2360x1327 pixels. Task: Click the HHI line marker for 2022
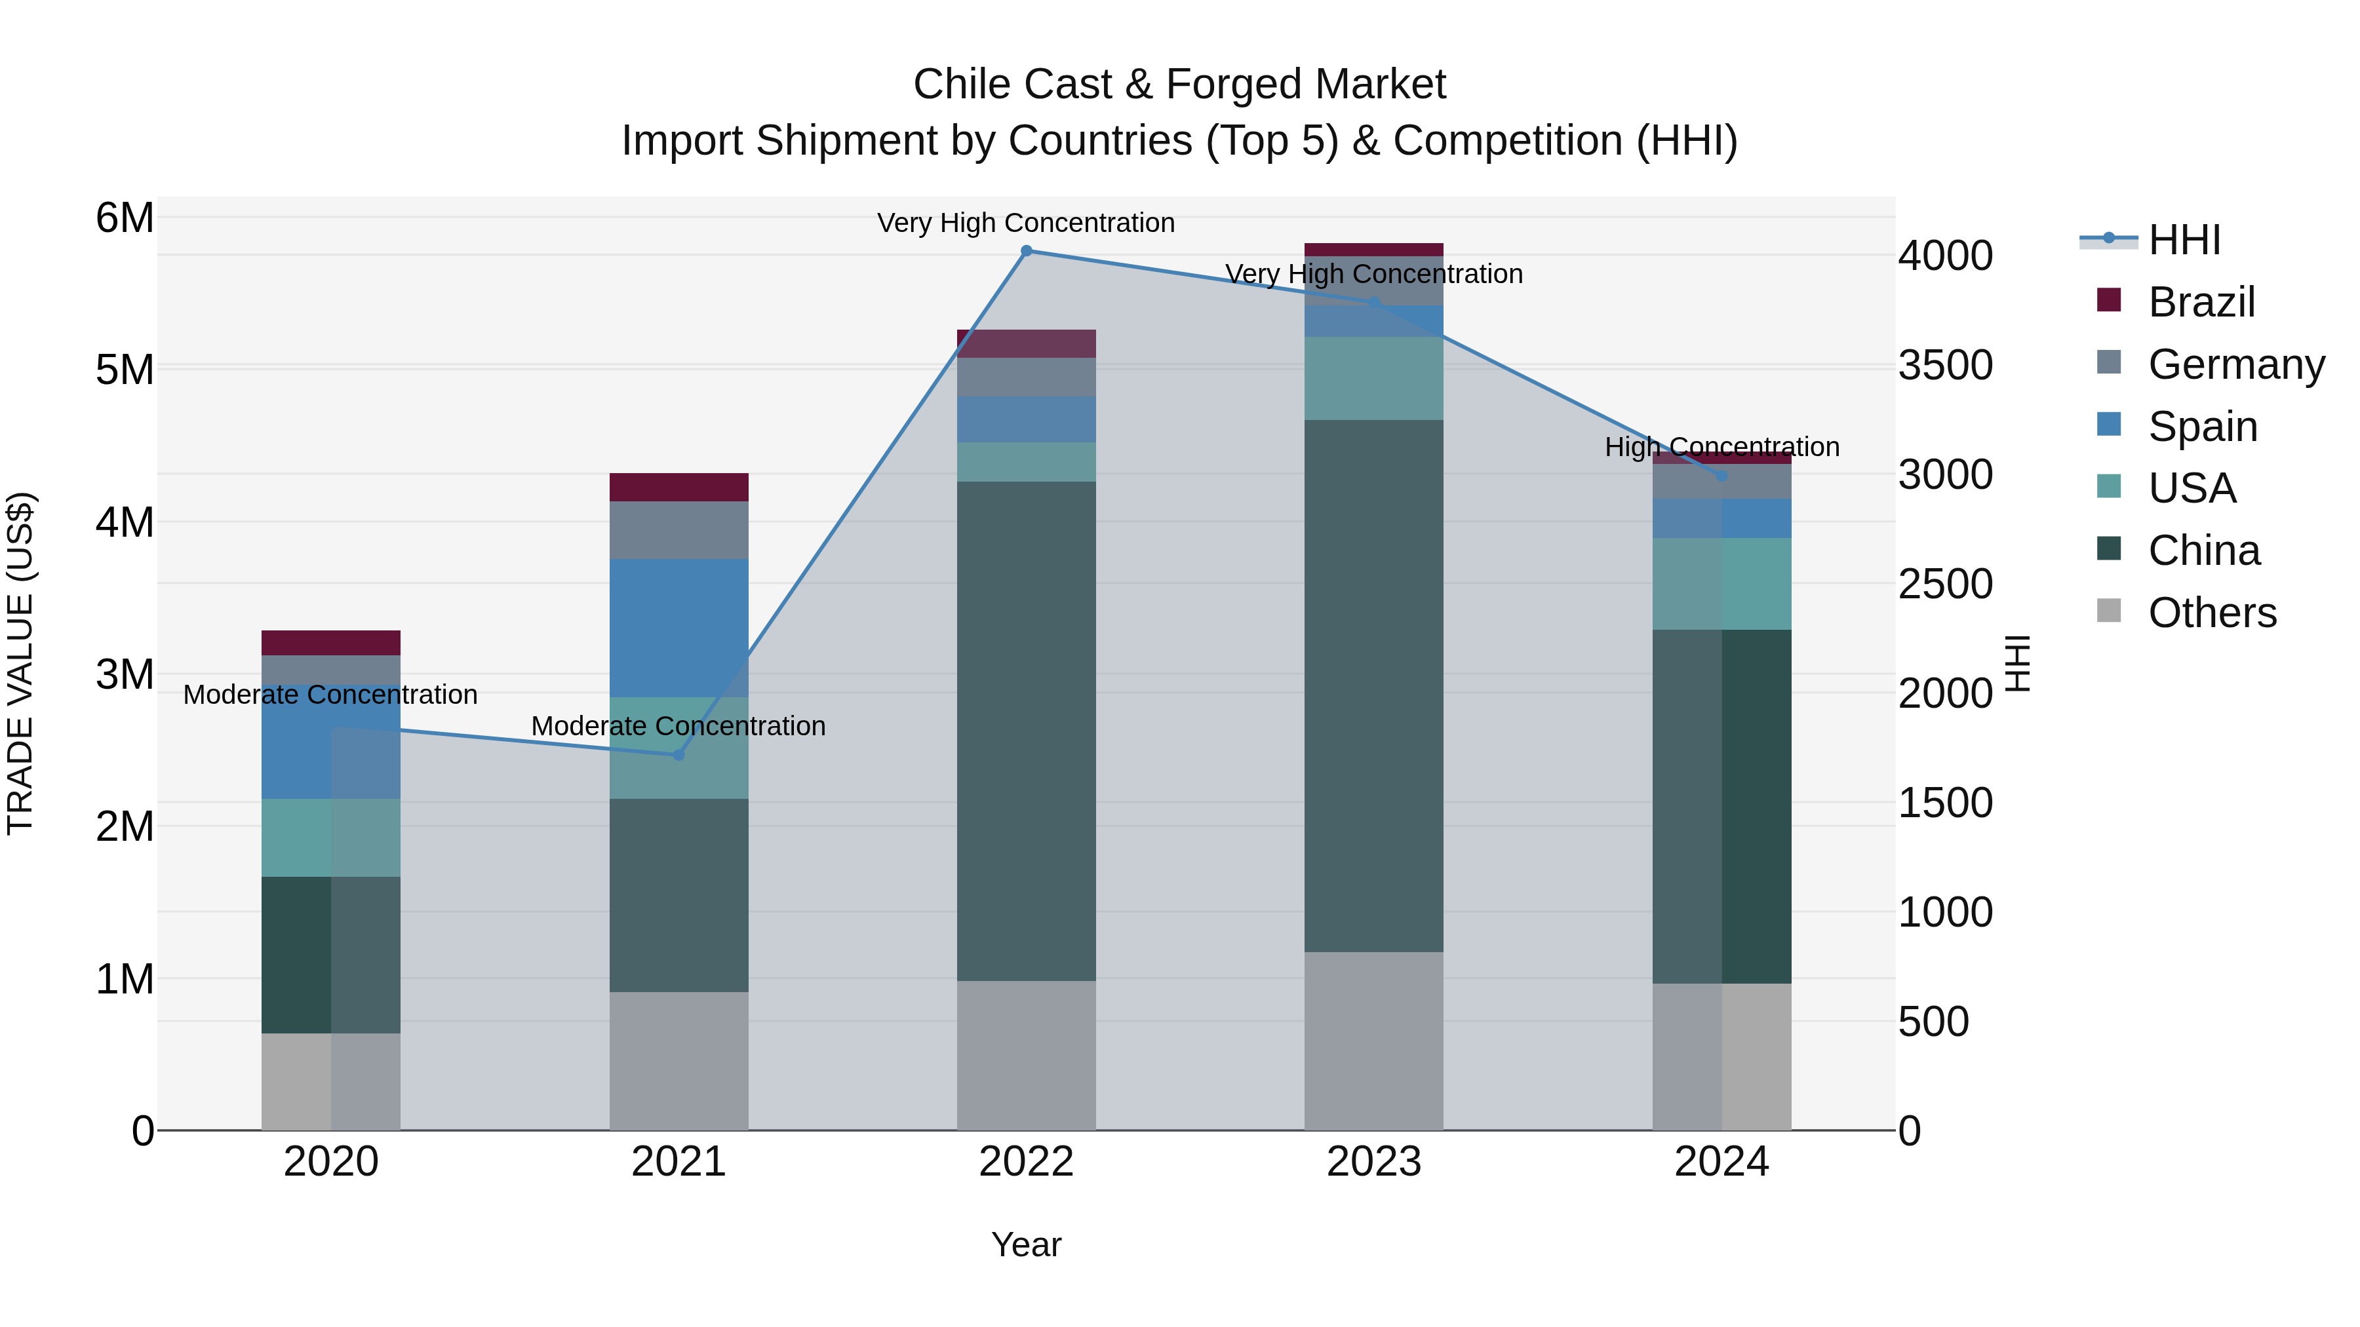(x=1026, y=251)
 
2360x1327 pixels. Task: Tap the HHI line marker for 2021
(x=679, y=755)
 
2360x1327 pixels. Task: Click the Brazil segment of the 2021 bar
(x=679, y=487)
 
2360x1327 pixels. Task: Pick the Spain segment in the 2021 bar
(x=679, y=628)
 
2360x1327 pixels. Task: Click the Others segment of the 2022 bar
(x=1026, y=1055)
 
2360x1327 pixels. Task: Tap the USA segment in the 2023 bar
(x=1373, y=378)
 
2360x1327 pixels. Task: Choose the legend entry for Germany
(x=2235, y=364)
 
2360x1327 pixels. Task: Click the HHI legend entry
(x=2184, y=240)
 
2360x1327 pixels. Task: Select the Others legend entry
(x=2212, y=613)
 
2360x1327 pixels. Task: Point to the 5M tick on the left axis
(x=125, y=370)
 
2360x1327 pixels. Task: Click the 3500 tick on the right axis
(x=1944, y=364)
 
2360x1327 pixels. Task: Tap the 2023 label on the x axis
(x=1373, y=1162)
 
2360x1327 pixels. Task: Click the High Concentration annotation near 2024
(x=1721, y=447)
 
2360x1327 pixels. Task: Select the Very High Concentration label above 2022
(x=1026, y=223)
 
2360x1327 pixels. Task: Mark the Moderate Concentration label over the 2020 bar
(x=331, y=694)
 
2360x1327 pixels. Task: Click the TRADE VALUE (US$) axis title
(x=20, y=663)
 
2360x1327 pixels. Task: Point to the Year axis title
(x=1026, y=1244)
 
